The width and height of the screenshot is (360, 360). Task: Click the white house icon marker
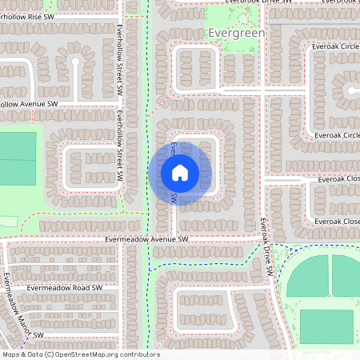point(180,173)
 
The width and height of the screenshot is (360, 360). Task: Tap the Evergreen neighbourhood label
point(234,33)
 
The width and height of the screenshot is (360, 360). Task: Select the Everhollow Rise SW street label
point(27,16)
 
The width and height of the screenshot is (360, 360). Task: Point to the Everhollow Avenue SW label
point(29,104)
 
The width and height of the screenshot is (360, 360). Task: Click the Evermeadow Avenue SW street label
point(146,239)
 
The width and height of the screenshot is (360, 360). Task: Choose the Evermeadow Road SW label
point(65,287)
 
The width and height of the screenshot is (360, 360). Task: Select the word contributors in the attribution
point(142,354)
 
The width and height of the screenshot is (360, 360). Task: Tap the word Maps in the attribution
point(11,354)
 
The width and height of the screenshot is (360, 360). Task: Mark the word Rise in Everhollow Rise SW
point(36,16)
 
